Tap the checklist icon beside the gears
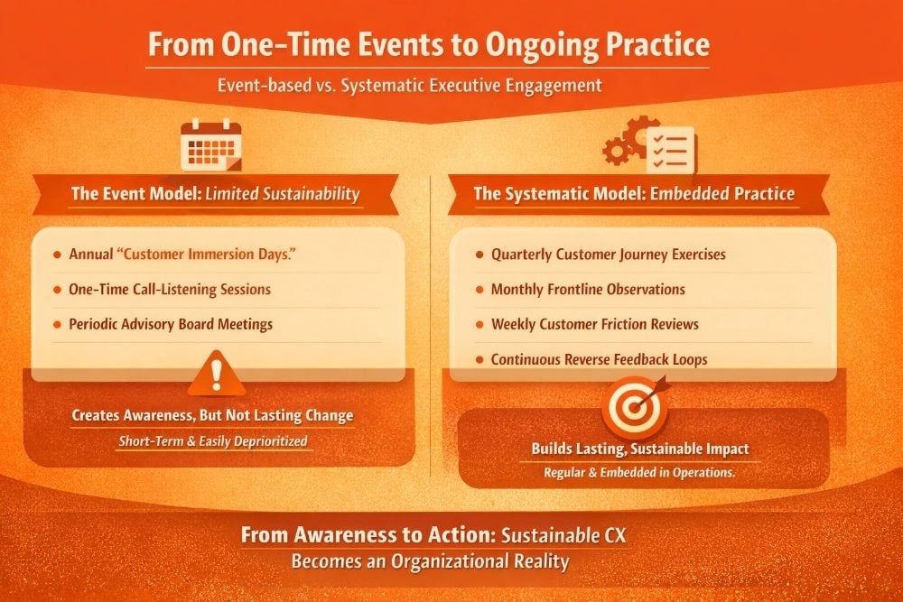tap(670, 150)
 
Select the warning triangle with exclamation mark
tap(217, 373)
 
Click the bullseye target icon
tap(635, 407)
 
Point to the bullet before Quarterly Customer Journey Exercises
tap(479, 255)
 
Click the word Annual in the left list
tap(90, 255)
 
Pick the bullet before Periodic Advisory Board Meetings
tap(56, 325)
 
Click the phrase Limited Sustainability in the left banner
tap(282, 194)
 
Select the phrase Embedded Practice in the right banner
tap(722, 193)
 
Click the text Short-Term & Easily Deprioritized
tap(213, 441)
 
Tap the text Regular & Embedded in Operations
tap(639, 473)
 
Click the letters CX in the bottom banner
tap(614, 535)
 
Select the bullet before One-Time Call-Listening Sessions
tap(56, 290)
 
